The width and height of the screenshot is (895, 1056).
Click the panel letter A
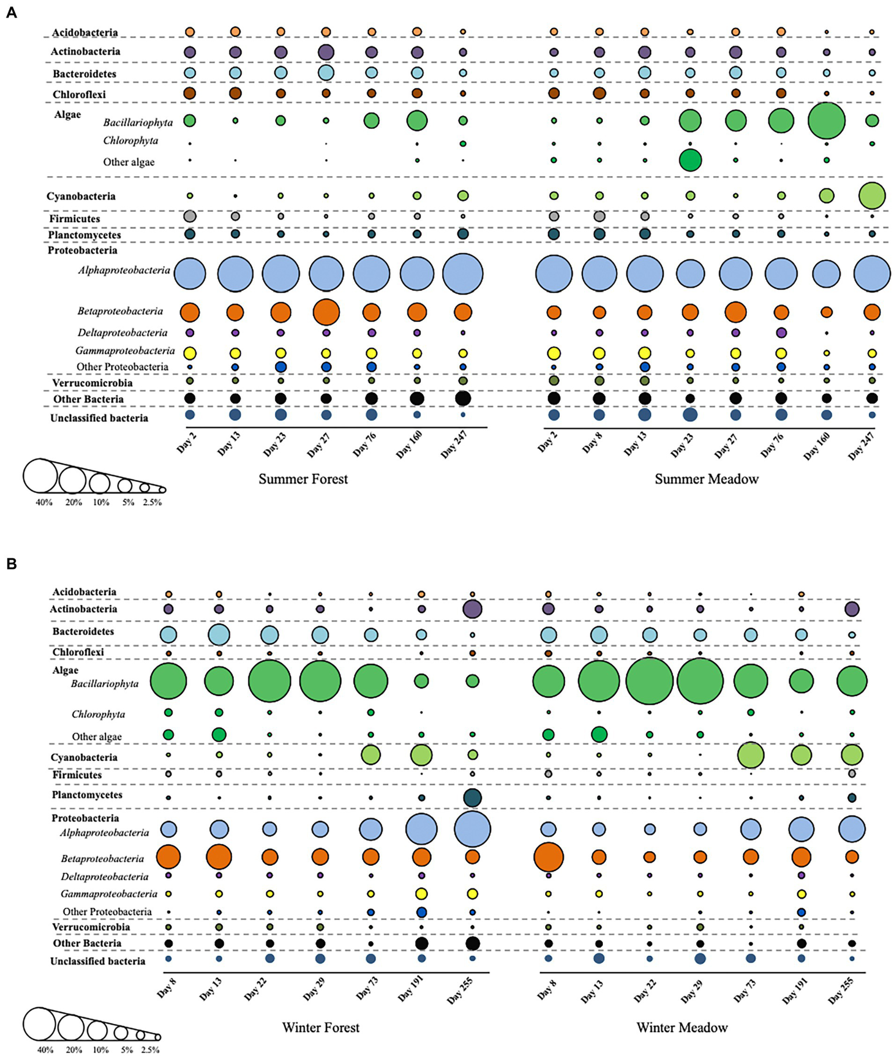(11, 13)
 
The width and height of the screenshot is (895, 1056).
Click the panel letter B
(11, 564)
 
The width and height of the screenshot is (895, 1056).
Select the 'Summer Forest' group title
(303, 479)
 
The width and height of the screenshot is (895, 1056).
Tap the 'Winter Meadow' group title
(682, 1027)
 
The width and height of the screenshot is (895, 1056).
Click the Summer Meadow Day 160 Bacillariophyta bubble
(826, 120)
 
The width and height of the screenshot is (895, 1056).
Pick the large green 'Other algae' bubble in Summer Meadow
(690, 160)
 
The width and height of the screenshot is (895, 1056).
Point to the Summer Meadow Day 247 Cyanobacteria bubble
(872, 195)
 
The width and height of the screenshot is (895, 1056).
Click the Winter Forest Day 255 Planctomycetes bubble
(472, 798)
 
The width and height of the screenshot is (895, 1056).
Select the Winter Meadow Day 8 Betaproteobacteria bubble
(549, 857)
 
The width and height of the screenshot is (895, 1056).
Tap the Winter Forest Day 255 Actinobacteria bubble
(472, 609)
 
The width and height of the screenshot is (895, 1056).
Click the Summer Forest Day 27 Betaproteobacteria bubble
(326, 312)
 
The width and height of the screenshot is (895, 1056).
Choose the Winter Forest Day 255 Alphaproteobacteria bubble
(472, 829)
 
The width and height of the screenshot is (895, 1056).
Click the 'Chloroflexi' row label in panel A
(79, 95)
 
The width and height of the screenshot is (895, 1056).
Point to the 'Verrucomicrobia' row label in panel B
(91, 927)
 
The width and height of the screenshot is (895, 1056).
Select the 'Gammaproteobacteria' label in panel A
(125, 351)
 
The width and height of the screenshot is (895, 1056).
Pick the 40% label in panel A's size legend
(44, 502)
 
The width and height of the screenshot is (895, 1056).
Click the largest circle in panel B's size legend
(40, 1024)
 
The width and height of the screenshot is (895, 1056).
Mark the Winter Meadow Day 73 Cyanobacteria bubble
(750, 756)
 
